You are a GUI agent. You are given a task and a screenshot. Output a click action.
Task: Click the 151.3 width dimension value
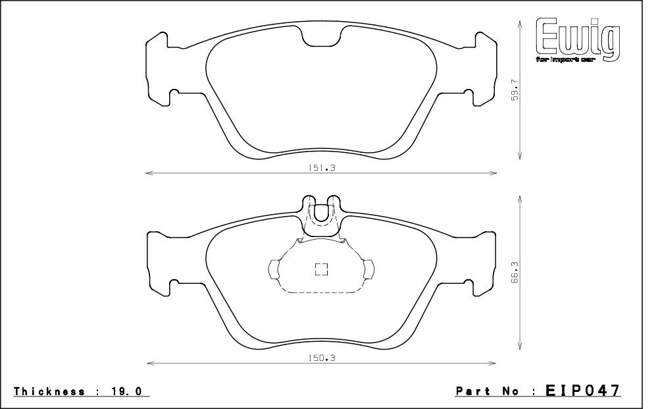click(322, 168)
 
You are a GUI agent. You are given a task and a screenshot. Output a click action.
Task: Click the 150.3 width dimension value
click(322, 358)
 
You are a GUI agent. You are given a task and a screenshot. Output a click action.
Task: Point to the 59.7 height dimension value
click(516, 90)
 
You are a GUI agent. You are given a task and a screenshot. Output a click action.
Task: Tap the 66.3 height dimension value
click(516, 272)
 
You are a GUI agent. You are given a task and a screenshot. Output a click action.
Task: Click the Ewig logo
click(578, 41)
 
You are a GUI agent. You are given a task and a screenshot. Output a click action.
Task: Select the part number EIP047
click(582, 391)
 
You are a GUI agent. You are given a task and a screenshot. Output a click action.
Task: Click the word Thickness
click(49, 391)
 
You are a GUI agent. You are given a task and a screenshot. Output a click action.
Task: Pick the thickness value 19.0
click(127, 391)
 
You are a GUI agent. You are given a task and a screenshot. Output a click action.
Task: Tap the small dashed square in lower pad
click(322, 269)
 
